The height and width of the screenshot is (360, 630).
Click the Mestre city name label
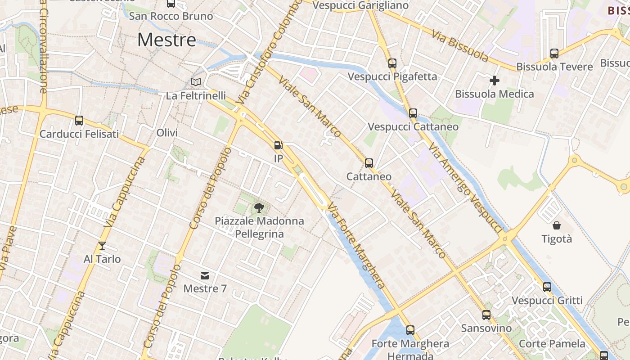click(x=166, y=40)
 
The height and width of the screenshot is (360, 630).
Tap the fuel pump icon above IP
click(x=279, y=145)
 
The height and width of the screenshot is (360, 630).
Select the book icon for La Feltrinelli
click(x=196, y=82)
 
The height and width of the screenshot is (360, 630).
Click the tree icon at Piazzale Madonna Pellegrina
click(x=259, y=207)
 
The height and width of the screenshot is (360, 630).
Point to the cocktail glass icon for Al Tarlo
click(x=102, y=246)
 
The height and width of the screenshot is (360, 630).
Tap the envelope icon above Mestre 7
click(x=205, y=275)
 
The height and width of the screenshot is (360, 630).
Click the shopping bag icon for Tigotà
click(x=557, y=225)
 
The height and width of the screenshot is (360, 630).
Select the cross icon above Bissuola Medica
click(x=495, y=81)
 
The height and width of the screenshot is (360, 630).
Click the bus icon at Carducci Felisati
click(x=79, y=121)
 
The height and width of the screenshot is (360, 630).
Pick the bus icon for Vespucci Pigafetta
click(x=392, y=63)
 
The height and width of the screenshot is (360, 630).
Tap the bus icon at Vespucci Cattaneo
click(x=413, y=113)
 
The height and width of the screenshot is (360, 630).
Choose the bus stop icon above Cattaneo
click(x=369, y=163)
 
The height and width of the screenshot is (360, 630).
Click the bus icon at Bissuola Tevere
click(x=554, y=54)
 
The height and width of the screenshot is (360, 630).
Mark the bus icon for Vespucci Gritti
click(x=547, y=287)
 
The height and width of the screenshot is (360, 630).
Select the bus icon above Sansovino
click(x=486, y=315)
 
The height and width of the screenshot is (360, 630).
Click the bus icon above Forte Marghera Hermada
click(x=410, y=330)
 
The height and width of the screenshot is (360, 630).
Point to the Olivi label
click(x=167, y=133)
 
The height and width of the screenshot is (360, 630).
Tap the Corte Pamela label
click(x=552, y=344)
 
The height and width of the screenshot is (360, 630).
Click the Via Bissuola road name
click(x=460, y=46)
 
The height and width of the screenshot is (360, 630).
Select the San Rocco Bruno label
click(x=171, y=16)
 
